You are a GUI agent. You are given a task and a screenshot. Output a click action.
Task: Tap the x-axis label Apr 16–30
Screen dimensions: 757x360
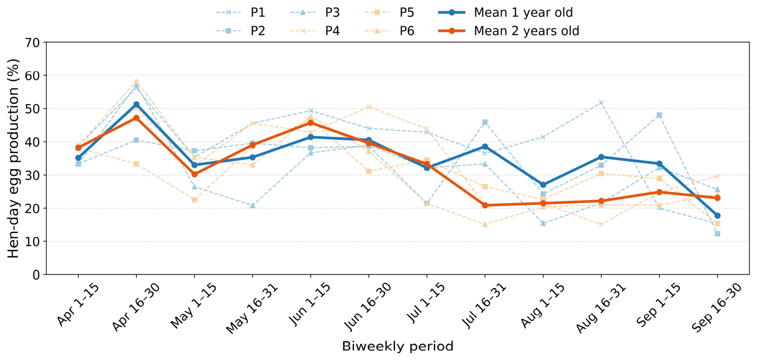(x=136, y=306)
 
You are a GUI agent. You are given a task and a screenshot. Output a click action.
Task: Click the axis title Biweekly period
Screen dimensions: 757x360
(x=398, y=346)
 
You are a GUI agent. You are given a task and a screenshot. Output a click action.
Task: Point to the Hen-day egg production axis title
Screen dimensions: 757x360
(x=13, y=158)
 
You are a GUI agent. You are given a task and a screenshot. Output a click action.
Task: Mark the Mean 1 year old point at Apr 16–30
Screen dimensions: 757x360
(x=137, y=104)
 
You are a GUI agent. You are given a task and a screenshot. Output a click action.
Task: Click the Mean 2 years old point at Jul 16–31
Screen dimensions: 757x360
(x=485, y=205)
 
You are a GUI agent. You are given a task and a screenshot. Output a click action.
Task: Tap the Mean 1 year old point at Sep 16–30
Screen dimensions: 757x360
(x=717, y=216)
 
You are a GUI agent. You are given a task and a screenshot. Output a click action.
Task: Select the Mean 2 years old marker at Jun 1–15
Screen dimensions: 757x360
(x=311, y=123)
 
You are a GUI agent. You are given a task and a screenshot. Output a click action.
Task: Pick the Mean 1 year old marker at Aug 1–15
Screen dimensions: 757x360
(x=543, y=185)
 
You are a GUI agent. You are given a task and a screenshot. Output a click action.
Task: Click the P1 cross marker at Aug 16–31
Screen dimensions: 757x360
(x=601, y=103)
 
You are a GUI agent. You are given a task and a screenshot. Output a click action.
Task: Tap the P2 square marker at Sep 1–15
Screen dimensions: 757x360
(x=659, y=115)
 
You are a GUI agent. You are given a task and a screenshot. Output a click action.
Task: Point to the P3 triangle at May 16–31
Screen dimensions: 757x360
(x=252, y=205)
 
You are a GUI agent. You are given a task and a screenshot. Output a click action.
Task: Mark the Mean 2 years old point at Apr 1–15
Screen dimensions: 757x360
(x=78, y=148)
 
